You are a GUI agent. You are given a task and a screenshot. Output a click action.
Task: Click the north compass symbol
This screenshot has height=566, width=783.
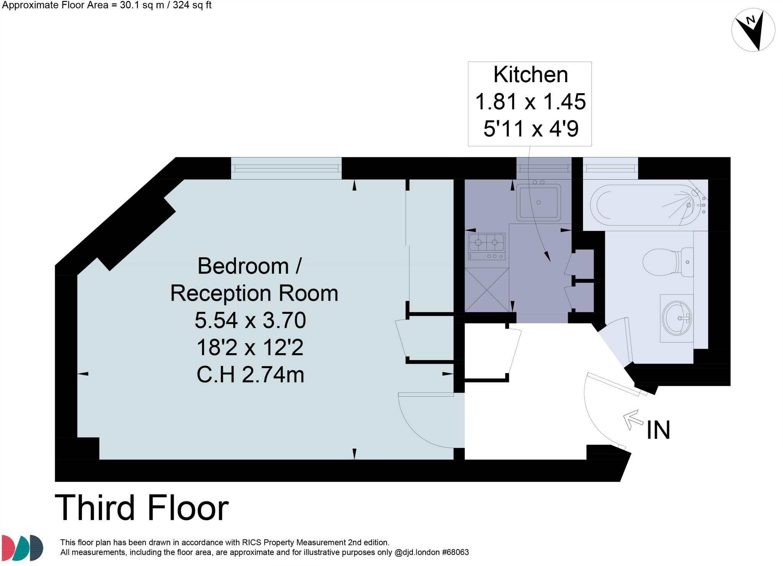pyautogui.click(x=753, y=30)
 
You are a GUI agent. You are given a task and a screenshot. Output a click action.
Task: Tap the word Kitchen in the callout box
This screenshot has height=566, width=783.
pyautogui.click(x=530, y=75)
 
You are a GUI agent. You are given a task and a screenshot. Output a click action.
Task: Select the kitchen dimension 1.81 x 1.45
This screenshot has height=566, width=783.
pyautogui.click(x=530, y=102)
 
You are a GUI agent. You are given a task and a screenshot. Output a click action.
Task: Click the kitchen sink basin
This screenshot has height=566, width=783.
pyautogui.click(x=538, y=202)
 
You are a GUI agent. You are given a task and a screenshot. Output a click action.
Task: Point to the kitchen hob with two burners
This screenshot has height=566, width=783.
pyautogui.click(x=486, y=242)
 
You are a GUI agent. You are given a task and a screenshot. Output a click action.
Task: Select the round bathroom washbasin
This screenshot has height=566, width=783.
pyautogui.click(x=676, y=318)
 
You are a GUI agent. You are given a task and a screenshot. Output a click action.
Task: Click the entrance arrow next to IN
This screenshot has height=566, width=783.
pyautogui.click(x=633, y=419)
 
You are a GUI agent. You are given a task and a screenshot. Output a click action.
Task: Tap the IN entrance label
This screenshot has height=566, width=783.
pyautogui.click(x=658, y=430)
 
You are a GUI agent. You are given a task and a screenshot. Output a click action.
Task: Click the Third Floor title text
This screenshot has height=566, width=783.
pyautogui.click(x=142, y=508)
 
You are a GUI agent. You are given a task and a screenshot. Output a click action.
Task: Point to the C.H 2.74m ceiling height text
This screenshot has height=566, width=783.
pyautogui.click(x=250, y=375)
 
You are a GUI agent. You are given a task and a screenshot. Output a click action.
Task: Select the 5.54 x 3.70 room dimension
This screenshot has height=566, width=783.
pyautogui.click(x=250, y=320)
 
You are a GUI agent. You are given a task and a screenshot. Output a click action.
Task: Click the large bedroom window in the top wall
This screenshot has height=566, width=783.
pyautogui.click(x=286, y=168)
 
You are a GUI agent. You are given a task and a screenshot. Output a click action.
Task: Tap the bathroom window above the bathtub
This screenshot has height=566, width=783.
pyautogui.click(x=610, y=168)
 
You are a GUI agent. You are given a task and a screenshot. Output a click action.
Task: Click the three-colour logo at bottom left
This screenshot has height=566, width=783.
pyautogui.click(x=22, y=548)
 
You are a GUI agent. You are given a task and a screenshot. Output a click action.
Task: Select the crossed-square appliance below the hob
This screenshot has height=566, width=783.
pyautogui.click(x=487, y=290)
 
